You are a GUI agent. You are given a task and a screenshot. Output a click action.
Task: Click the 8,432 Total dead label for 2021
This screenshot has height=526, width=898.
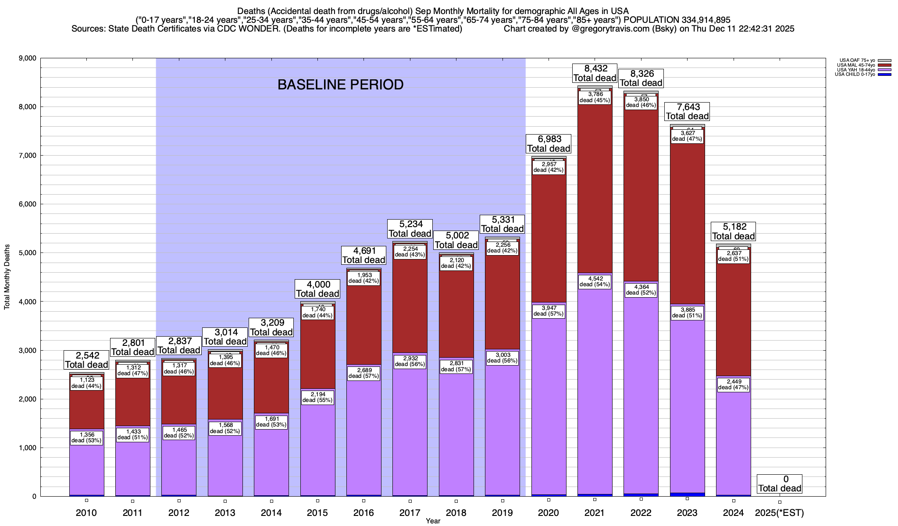(x=595, y=73)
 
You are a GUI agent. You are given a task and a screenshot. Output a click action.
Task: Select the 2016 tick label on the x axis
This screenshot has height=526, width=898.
(x=363, y=512)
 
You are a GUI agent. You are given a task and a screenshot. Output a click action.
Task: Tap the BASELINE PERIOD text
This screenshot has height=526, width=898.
(x=340, y=85)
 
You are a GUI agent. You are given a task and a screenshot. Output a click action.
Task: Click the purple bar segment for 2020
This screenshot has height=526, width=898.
(x=549, y=394)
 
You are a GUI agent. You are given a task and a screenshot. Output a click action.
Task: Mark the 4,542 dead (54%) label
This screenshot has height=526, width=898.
(x=595, y=281)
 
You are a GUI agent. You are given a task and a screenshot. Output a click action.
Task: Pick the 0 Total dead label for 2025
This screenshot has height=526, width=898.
(x=780, y=483)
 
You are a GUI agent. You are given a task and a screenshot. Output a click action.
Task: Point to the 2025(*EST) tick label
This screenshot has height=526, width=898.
(x=779, y=512)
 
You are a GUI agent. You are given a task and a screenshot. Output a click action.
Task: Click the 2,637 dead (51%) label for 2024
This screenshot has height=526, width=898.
(x=733, y=256)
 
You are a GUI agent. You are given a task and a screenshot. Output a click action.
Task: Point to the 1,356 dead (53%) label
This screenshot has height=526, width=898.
(x=87, y=437)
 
